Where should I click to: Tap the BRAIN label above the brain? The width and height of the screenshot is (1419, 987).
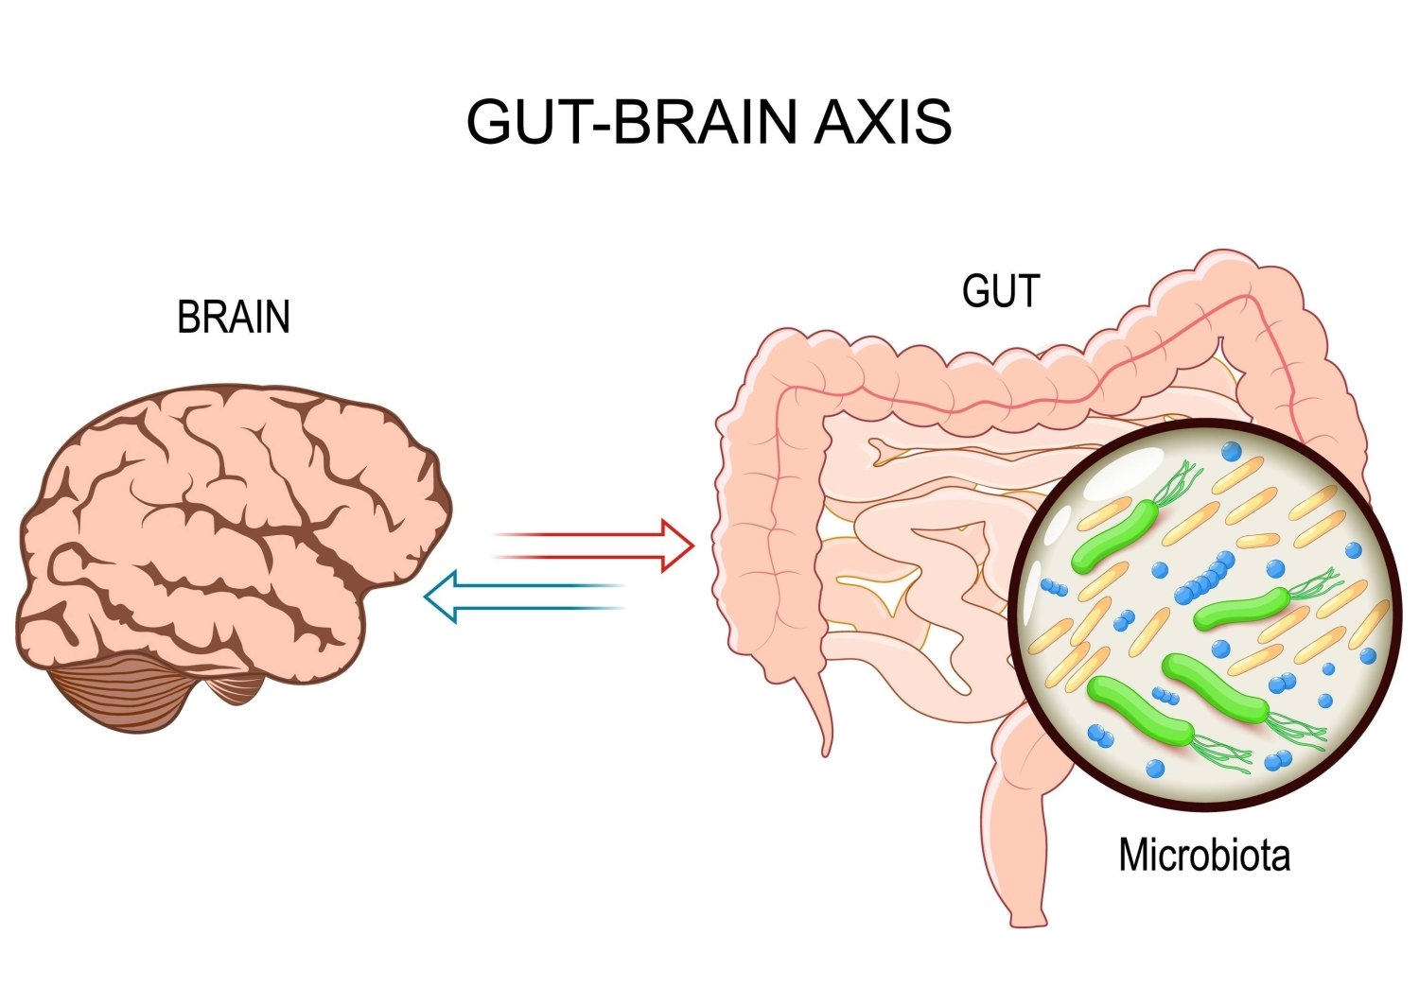233,319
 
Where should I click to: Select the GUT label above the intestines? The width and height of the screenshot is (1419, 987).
1000,291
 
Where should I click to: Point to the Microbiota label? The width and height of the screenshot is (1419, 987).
1203,856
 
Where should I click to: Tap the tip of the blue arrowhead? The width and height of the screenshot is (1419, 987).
425,597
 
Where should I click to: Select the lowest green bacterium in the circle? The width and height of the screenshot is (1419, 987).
1140,709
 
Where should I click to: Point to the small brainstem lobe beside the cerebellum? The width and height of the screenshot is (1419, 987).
235,687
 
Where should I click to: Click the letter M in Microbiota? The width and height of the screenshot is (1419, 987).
1131,856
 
